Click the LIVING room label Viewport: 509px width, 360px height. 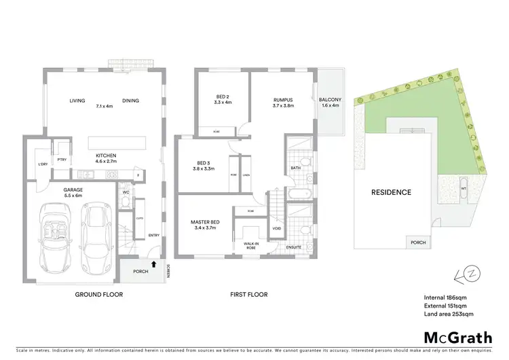click(77, 101)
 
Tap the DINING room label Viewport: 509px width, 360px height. click(131, 101)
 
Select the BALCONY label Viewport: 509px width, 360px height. click(330, 101)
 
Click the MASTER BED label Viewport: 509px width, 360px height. click(204, 221)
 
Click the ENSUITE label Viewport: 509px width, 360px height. click(293, 247)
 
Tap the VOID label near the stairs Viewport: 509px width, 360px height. click(276, 228)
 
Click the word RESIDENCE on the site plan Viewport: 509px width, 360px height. click(390, 192)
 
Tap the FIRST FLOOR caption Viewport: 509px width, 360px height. click(248, 295)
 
